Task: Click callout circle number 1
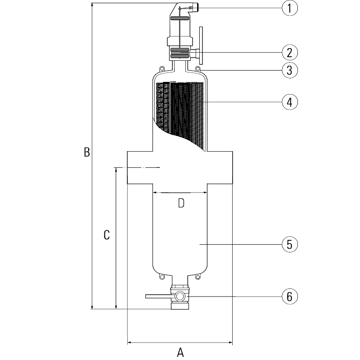(x=289, y=8)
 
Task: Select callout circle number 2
(x=289, y=52)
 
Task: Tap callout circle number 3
(x=289, y=70)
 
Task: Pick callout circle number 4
(x=289, y=102)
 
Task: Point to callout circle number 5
(x=289, y=244)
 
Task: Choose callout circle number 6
(x=289, y=297)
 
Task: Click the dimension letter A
(x=180, y=352)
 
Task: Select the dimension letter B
(x=87, y=152)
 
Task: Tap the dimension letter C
(x=107, y=235)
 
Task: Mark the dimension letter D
(x=181, y=203)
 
